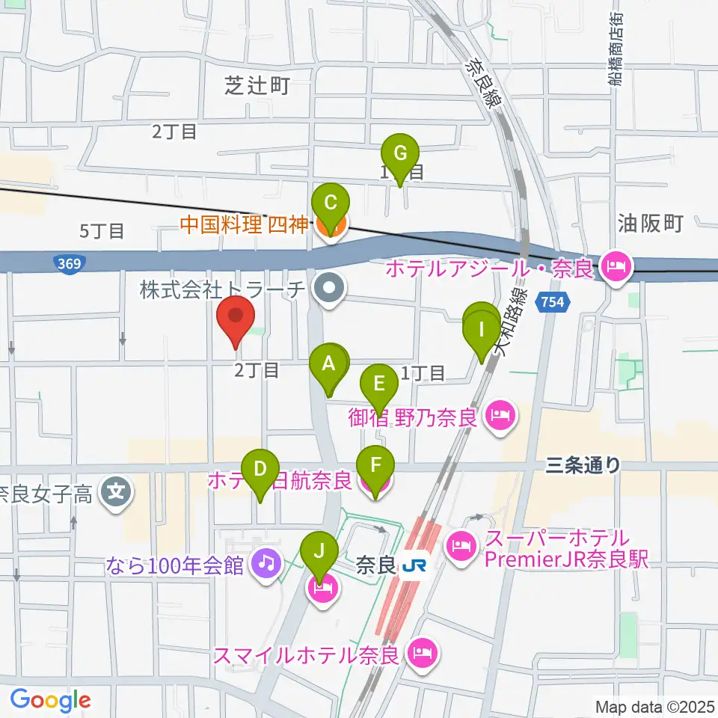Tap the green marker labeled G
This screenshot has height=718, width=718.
pyautogui.click(x=400, y=156)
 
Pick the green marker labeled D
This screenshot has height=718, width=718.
pyautogui.click(x=260, y=470)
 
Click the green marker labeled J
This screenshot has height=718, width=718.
pyautogui.click(x=319, y=554)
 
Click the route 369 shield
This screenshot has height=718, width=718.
pyautogui.click(x=68, y=263)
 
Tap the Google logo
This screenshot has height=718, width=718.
pyautogui.click(x=50, y=700)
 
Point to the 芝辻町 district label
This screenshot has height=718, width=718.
pyautogui.click(x=257, y=86)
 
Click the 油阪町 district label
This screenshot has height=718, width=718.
pyautogui.click(x=651, y=222)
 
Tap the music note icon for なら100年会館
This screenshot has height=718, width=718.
pyautogui.click(x=266, y=562)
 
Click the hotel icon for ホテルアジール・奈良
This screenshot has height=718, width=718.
pyautogui.click(x=617, y=264)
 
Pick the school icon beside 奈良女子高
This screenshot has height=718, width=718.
pyautogui.click(x=118, y=491)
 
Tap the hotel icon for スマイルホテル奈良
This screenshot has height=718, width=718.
pyautogui.click(x=422, y=654)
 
